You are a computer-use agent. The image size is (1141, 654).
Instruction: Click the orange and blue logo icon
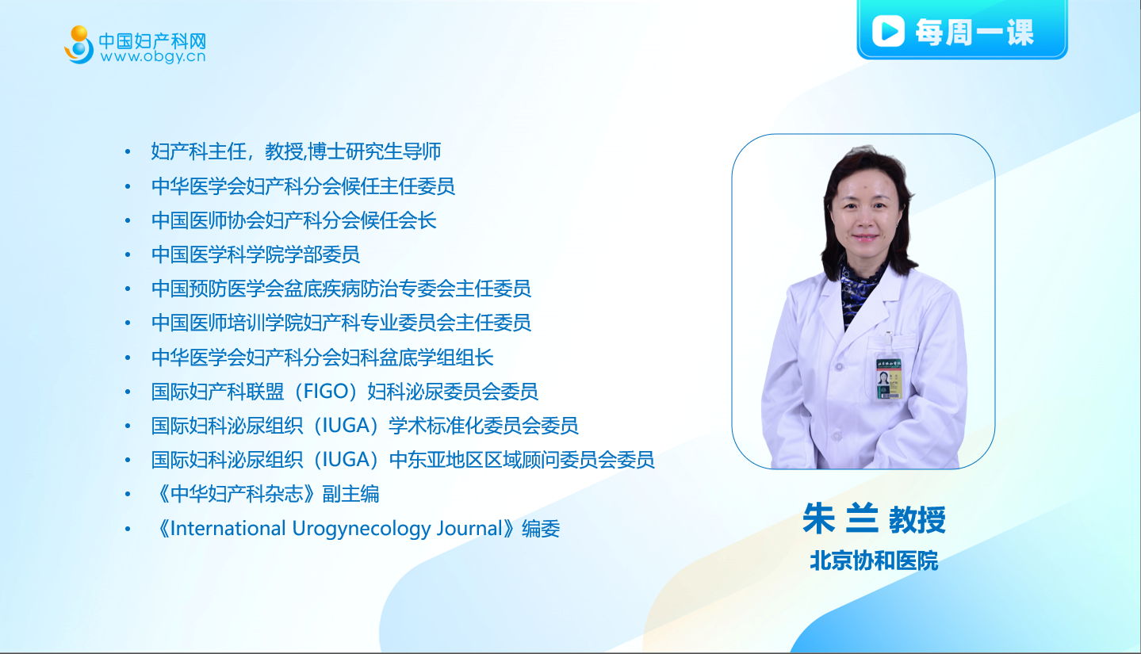point(79,44)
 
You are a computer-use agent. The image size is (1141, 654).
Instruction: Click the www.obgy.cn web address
point(153,56)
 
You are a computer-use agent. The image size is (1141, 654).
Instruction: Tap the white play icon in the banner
point(888,31)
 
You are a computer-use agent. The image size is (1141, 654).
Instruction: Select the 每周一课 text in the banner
point(974,32)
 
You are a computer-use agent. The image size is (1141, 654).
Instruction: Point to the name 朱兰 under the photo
point(840,518)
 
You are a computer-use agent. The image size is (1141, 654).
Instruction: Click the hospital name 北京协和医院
point(874,560)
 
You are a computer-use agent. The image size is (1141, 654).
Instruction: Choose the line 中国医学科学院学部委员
point(255,254)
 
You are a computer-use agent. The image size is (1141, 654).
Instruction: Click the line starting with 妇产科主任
point(296,151)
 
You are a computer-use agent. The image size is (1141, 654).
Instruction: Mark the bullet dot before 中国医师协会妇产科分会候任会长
point(128,220)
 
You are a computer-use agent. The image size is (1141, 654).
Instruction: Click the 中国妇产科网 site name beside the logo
point(152,40)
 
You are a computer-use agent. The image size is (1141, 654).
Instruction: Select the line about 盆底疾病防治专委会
point(341,289)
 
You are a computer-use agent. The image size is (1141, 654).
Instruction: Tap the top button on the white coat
point(840,366)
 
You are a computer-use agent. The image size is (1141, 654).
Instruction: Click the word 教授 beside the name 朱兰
point(917,519)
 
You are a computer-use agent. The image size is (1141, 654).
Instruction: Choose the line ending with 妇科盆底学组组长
point(323,358)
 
